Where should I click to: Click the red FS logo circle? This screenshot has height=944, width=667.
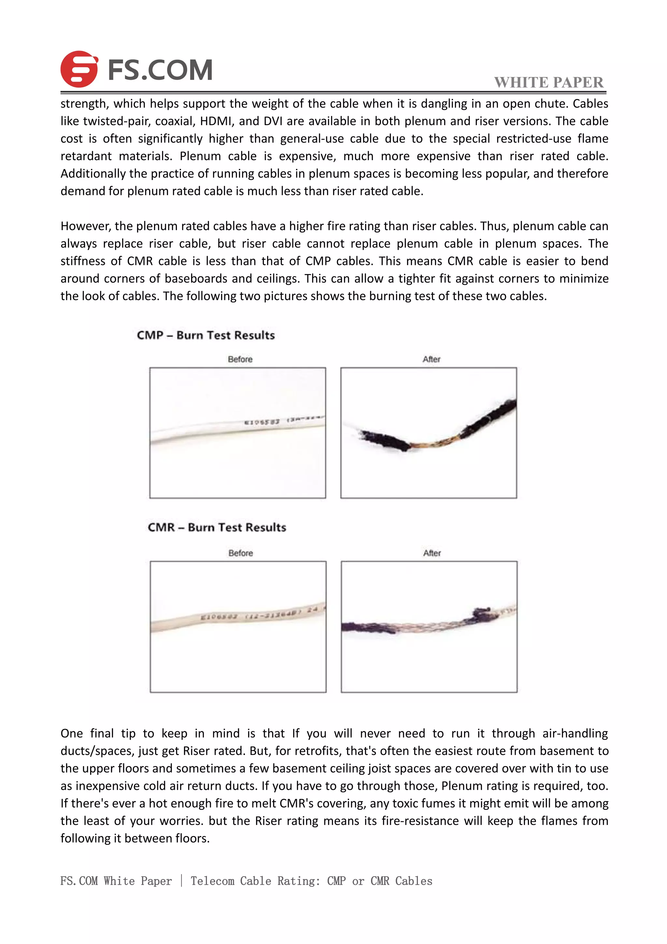click(x=79, y=69)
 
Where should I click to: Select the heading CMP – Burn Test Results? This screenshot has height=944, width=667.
click(x=206, y=335)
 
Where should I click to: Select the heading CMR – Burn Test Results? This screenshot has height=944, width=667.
click(x=217, y=527)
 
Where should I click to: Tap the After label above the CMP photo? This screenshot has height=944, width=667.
click(x=431, y=359)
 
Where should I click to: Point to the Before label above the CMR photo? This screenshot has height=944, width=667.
click(x=241, y=553)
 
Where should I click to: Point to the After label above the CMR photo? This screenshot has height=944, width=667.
click(x=432, y=553)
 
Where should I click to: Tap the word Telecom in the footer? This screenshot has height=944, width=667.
click(x=213, y=881)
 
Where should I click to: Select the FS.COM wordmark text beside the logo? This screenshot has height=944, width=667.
click(x=160, y=69)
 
